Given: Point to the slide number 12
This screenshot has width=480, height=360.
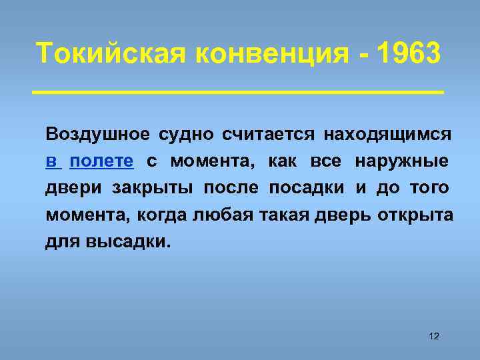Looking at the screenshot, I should point(434,335).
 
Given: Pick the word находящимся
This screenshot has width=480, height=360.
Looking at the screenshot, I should point(388,134).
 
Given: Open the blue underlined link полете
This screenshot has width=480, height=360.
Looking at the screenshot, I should point(102,161).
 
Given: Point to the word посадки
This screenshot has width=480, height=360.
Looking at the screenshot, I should point(307,188).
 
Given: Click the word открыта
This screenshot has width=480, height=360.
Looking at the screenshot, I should point(415,216).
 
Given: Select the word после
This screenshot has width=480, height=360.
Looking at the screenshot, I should point(229,188).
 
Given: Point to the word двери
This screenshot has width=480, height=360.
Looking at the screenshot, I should point(70,189).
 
